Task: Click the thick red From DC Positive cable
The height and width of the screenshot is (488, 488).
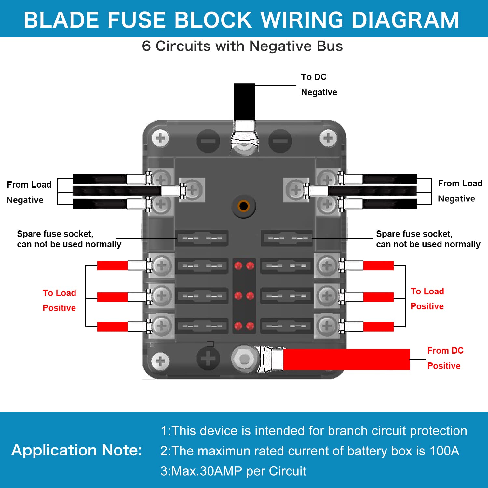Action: (346, 359)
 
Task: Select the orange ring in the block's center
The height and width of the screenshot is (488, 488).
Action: (243, 206)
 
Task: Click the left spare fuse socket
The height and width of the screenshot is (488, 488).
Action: (202, 238)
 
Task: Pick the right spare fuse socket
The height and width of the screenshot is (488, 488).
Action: (287, 238)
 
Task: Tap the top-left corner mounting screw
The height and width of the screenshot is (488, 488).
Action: (160, 139)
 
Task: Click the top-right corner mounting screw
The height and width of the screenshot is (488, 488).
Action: (328, 139)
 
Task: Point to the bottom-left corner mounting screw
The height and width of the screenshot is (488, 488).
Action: (160, 361)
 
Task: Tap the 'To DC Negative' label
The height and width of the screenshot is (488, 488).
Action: (319, 85)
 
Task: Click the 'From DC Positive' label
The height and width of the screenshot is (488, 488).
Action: (445, 358)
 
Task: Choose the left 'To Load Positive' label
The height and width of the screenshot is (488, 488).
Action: (59, 300)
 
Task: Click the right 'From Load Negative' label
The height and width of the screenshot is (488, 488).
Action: (460, 191)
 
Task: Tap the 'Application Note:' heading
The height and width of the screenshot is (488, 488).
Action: (77, 450)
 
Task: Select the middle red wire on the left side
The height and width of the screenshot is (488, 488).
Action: (112, 297)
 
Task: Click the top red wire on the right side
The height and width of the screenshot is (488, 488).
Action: (378, 265)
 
